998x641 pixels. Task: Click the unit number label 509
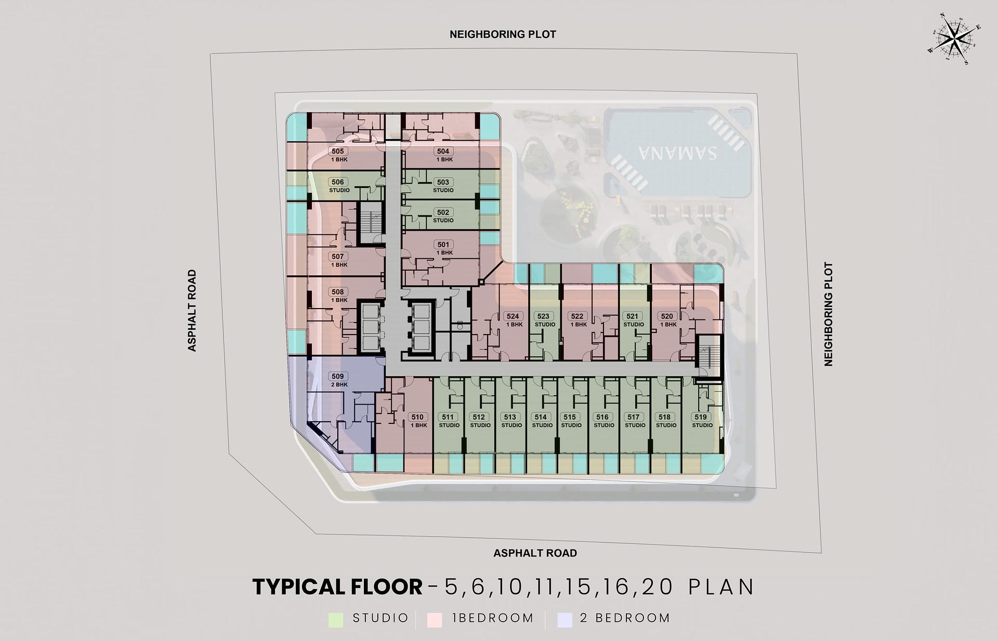(x=337, y=377)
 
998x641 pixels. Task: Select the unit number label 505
(x=338, y=152)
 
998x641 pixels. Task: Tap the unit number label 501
(x=443, y=245)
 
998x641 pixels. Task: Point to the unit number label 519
(x=701, y=417)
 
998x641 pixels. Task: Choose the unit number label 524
(x=513, y=316)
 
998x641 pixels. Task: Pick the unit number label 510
(x=417, y=417)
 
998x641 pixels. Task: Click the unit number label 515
(x=570, y=417)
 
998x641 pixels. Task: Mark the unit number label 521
(x=632, y=316)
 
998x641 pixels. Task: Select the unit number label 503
(x=443, y=182)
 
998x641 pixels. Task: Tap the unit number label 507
(x=338, y=257)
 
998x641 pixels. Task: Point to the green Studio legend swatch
(x=336, y=619)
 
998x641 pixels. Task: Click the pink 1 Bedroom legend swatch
(x=435, y=619)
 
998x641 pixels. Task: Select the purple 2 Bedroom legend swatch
(x=564, y=619)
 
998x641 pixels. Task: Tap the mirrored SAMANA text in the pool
(x=678, y=153)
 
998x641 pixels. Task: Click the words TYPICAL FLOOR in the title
(x=337, y=587)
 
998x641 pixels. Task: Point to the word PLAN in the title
(x=721, y=587)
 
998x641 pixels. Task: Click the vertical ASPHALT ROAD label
(x=192, y=311)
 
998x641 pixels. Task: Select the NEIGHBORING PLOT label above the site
(x=503, y=34)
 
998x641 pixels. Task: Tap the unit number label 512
(x=479, y=417)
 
